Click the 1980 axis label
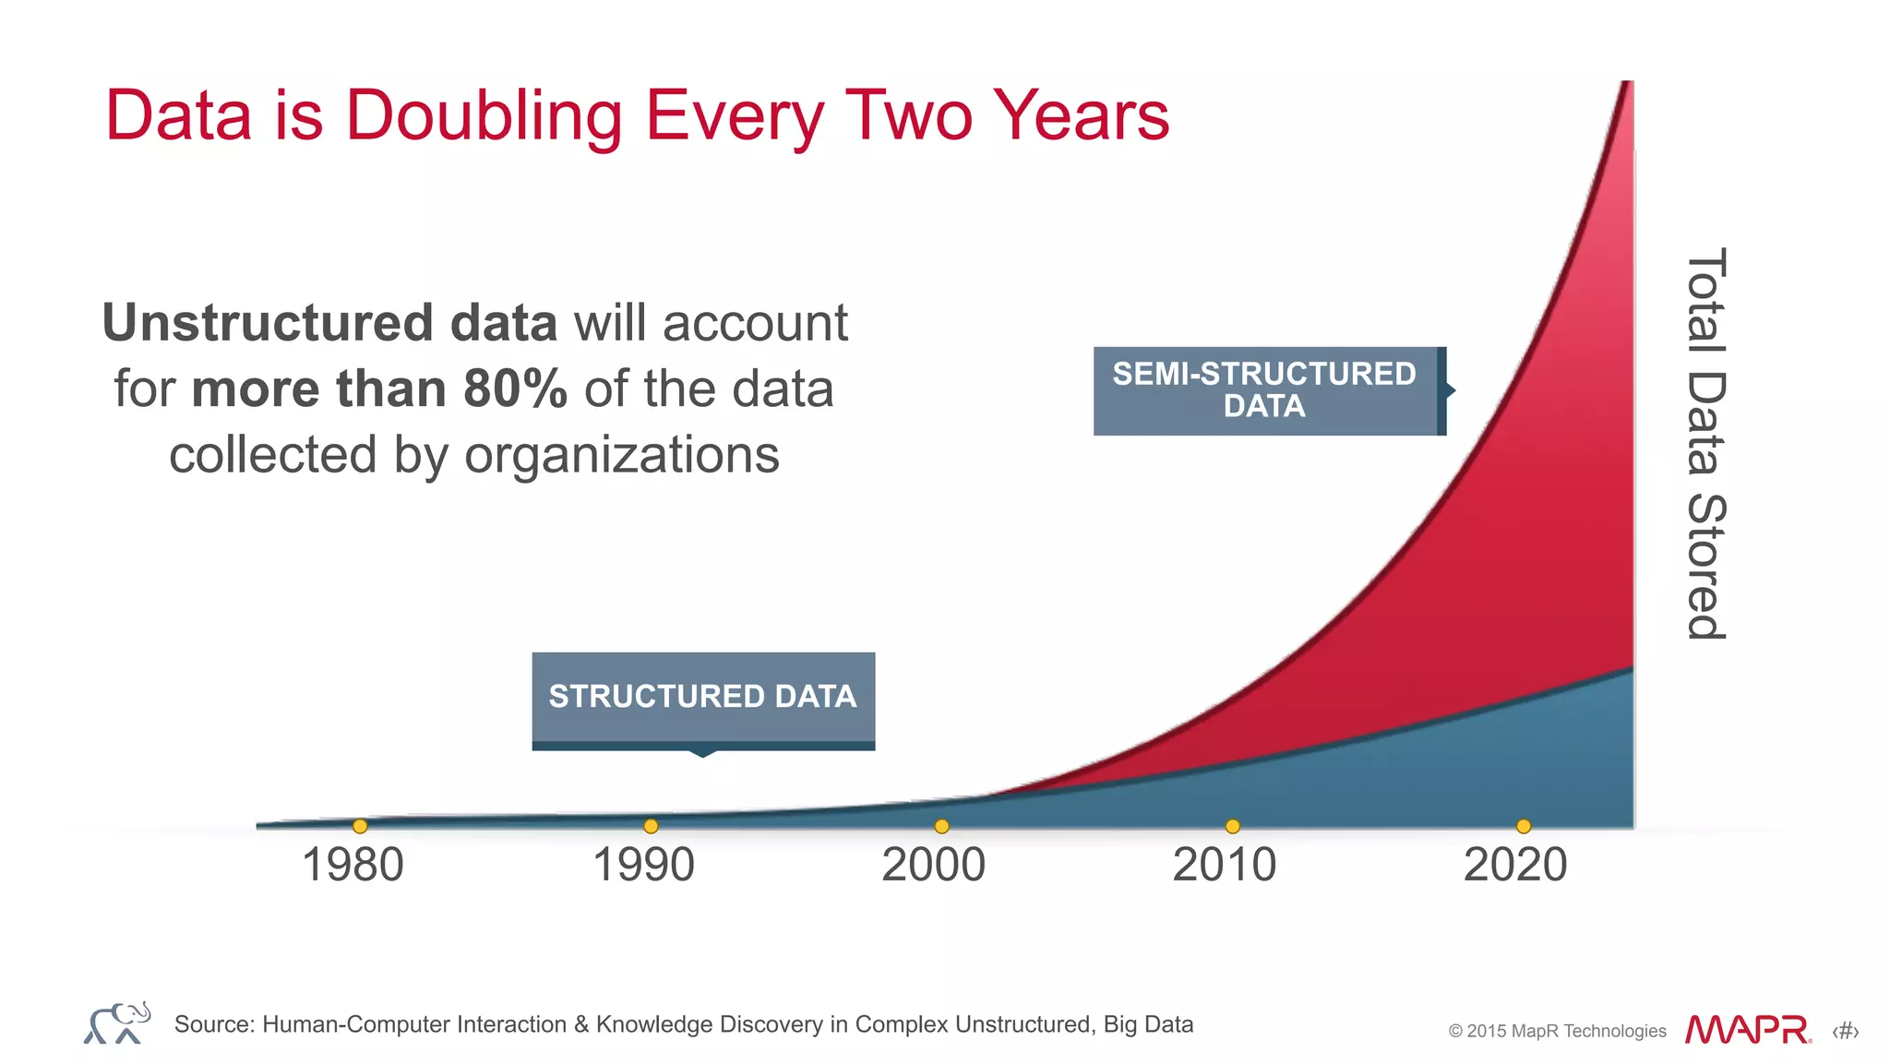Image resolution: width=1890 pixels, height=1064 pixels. tap(353, 866)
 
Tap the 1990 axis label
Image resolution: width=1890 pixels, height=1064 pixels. tap(643, 866)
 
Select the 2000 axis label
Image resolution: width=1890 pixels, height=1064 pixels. tap(933, 866)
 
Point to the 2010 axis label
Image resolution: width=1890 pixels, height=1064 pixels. tap(1224, 866)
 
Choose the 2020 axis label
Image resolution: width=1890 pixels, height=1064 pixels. tap(1515, 866)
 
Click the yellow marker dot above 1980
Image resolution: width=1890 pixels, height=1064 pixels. tap(360, 826)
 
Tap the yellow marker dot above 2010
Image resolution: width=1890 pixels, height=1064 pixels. tap(1232, 826)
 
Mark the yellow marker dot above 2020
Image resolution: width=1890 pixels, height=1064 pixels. tap(1524, 826)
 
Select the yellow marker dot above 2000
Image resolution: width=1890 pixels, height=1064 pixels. tap(941, 826)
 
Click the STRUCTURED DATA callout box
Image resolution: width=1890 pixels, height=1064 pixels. tap(703, 698)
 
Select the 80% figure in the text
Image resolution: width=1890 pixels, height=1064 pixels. tap(515, 389)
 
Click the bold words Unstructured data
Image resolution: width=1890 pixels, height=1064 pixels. tap(329, 323)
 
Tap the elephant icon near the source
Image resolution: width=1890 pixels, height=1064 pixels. tap(117, 1022)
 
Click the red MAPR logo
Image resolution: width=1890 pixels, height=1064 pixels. tap(1747, 1030)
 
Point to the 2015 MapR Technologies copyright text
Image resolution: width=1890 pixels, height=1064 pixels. tap(1557, 1031)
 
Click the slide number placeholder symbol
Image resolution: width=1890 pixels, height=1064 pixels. tap(1845, 1031)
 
